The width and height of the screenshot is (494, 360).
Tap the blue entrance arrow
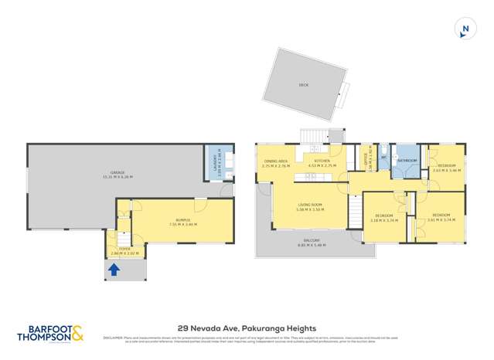[x=114, y=270]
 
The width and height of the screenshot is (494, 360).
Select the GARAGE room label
[x=118, y=172]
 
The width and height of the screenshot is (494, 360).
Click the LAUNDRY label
[x=215, y=161]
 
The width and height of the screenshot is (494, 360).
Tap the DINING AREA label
[x=276, y=161]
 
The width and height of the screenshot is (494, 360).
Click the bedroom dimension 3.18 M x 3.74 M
[x=383, y=220]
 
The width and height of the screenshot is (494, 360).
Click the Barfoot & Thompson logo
[x=52, y=334]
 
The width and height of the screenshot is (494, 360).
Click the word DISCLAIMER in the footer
[x=113, y=338]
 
